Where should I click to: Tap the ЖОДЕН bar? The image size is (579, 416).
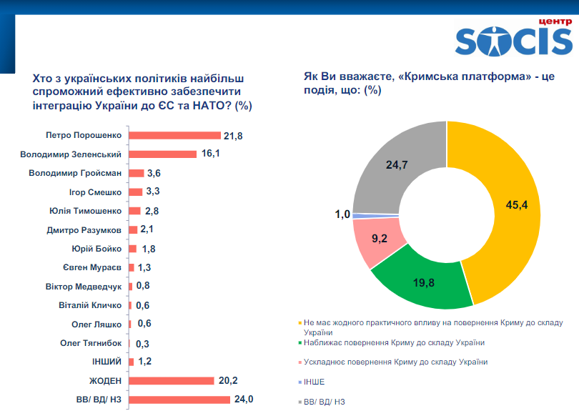pyautogui.click(x=171, y=380)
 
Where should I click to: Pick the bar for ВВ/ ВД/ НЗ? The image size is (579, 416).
pyautogui.click(x=179, y=400)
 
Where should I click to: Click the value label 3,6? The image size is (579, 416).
pyautogui.click(x=154, y=173)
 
